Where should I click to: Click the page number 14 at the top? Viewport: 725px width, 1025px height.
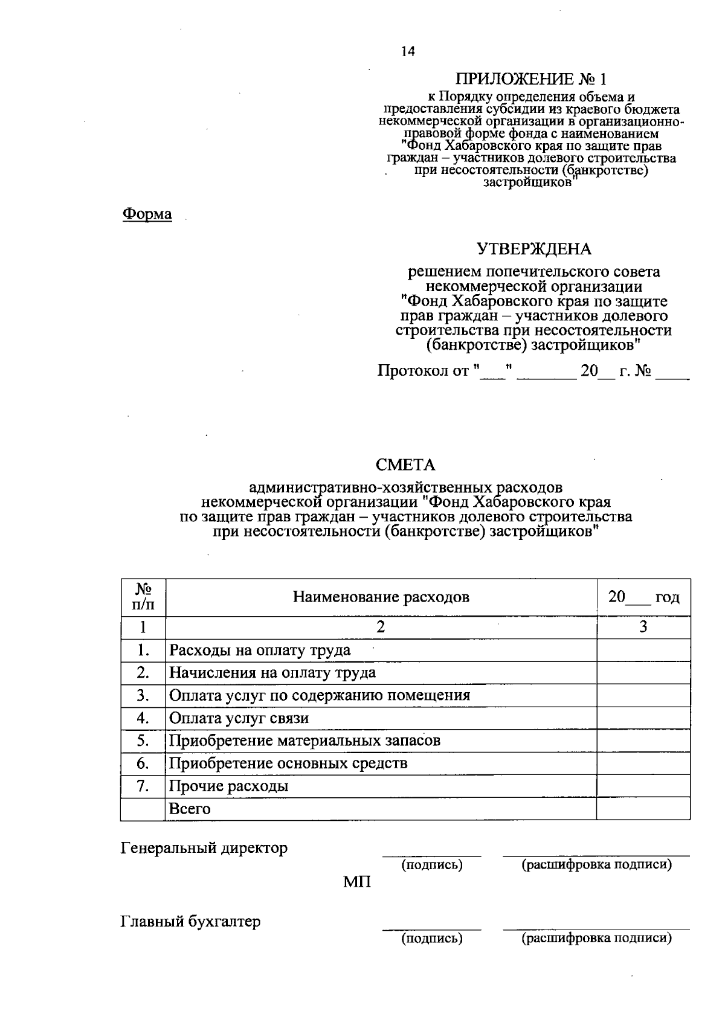tap(408, 52)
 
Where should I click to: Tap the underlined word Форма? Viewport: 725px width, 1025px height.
tap(147, 214)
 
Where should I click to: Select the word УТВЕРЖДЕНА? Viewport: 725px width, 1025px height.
tap(533, 249)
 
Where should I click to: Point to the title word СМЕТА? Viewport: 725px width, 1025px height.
tap(405, 464)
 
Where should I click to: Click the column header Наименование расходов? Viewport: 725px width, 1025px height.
tap(381, 597)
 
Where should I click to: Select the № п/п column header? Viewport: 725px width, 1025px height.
tap(143, 597)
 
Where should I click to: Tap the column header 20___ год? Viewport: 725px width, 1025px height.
tap(643, 597)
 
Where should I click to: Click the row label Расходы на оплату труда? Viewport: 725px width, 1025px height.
tap(260, 651)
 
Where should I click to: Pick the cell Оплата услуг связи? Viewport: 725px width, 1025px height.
tap(239, 718)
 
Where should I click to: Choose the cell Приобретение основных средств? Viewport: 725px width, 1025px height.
tap(288, 763)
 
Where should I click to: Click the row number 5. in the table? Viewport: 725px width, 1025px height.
tap(143, 741)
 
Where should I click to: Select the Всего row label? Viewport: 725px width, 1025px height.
tap(190, 809)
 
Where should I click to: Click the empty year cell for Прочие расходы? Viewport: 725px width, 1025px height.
tap(643, 786)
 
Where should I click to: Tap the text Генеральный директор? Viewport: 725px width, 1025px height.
tap(204, 848)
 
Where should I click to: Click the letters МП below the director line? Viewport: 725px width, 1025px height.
tap(357, 882)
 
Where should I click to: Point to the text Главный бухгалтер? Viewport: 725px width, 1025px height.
tap(191, 922)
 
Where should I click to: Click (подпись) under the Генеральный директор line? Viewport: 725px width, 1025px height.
tap(432, 865)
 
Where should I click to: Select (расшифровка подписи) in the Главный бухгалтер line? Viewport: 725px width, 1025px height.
tap(596, 938)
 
